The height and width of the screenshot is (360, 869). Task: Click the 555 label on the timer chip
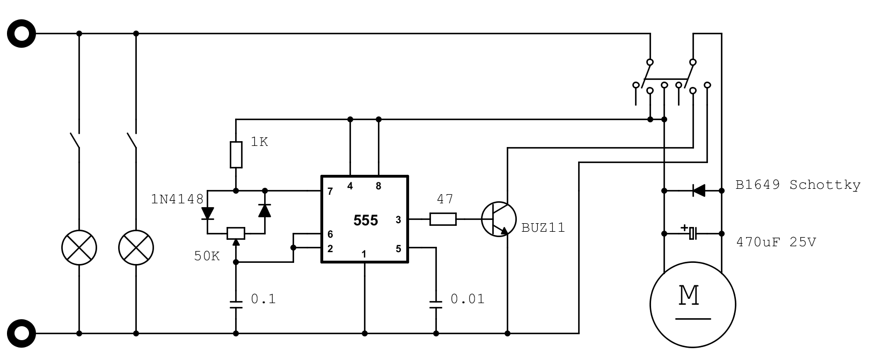[366, 220]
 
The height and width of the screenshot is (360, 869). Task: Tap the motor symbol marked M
[692, 304]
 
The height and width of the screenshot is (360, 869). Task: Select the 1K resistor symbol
[236, 155]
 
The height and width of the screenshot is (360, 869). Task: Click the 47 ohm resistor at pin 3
[443, 219]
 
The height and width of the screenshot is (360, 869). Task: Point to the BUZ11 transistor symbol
[498, 219]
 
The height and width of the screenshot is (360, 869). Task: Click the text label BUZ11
[543, 227]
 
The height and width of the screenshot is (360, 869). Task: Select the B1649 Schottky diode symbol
[698, 190]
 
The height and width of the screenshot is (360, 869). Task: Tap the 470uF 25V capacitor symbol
[692, 233]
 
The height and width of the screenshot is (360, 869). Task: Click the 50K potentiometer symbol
[236, 233]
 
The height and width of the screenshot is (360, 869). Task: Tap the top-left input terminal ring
[21, 33]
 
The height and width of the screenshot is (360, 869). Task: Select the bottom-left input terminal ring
[21, 333]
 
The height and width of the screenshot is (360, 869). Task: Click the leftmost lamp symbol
[79, 248]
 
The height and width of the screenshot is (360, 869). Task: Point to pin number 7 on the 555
[330, 192]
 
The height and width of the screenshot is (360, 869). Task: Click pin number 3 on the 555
[398, 219]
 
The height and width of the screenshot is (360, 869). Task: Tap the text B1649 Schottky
[798, 185]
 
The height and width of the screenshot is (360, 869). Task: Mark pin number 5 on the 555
[398, 248]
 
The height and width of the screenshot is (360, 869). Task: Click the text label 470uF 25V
[776, 242]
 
